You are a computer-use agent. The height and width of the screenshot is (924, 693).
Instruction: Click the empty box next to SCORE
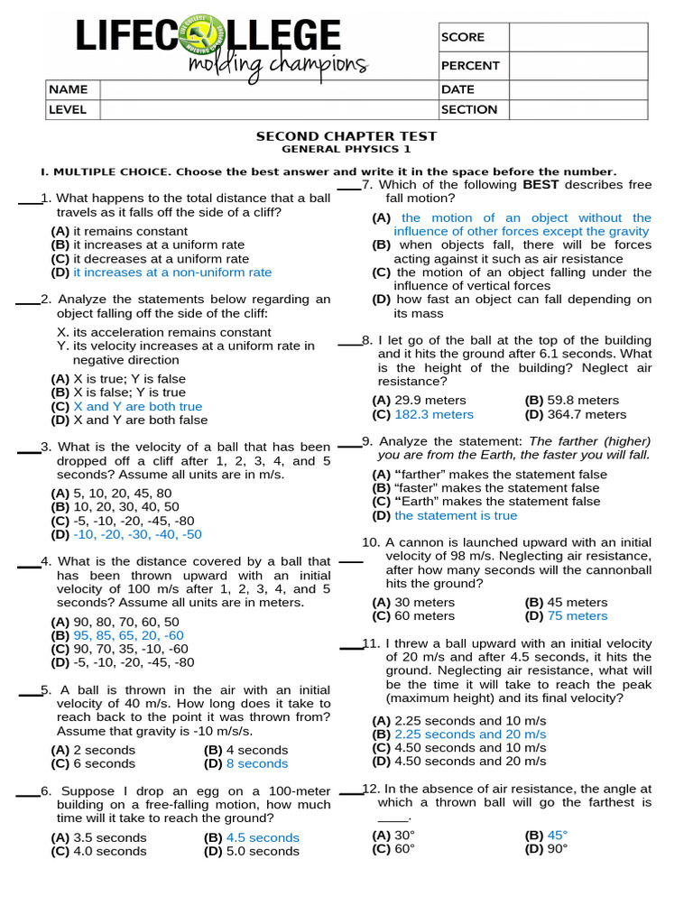click(578, 37)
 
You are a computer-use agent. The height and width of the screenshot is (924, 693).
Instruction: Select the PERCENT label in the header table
click(470, 65)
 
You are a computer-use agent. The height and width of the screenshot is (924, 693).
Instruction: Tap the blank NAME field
click(268, 89)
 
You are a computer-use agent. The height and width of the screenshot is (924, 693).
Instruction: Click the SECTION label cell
click(469, 109)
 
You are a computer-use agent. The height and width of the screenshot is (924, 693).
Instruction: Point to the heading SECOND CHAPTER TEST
click(346, 136)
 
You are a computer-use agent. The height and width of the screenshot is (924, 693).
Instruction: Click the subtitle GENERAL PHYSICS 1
click(346, 149)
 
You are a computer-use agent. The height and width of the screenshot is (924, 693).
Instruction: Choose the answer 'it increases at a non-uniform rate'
click(171, 272)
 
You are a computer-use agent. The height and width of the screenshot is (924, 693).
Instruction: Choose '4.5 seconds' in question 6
click(263, 837)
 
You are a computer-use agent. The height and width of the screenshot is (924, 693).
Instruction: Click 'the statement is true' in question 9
click(456, 515)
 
